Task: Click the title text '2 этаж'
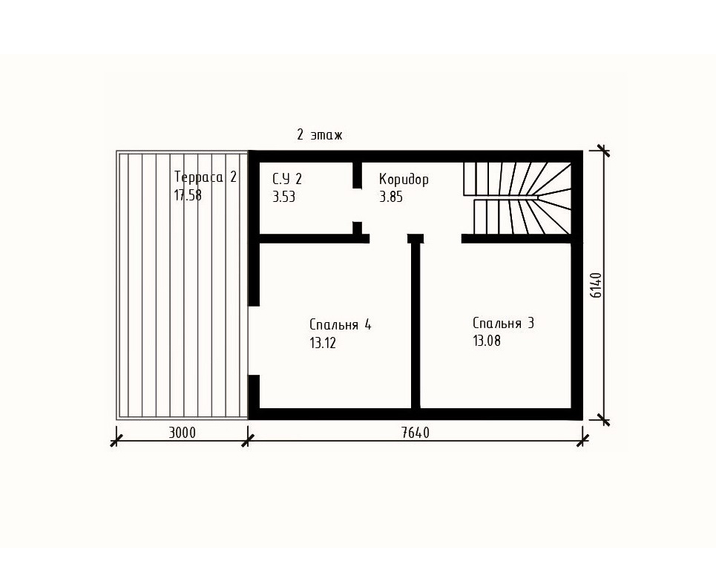[x=319, y=135]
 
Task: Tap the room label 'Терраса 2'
[x=206, y=177]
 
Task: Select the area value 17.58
[x=188, y=195]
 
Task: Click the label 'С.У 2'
[x=287, y=179]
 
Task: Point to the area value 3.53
[x=283, y=197]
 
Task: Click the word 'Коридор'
[x=404, y=179]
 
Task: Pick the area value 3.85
[x=391, y=197]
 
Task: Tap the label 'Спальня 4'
[x=340, y=325]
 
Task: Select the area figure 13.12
[x=323, y=343]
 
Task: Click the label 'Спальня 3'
[x=503, y=324]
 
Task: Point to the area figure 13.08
[x=487, y=341]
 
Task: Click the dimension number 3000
[x=183, y=432]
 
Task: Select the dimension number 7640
[x=416, y=432]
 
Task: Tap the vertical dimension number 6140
[x=597, y=285]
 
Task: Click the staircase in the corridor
[x=517, y=198]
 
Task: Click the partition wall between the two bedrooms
[x=416, y=325]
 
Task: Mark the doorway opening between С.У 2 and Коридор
[x=357, y=205]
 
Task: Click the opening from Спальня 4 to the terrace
[x=254, y=341]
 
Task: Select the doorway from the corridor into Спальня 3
[x=442, y=238]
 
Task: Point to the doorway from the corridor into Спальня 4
[x=388, y=238]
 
